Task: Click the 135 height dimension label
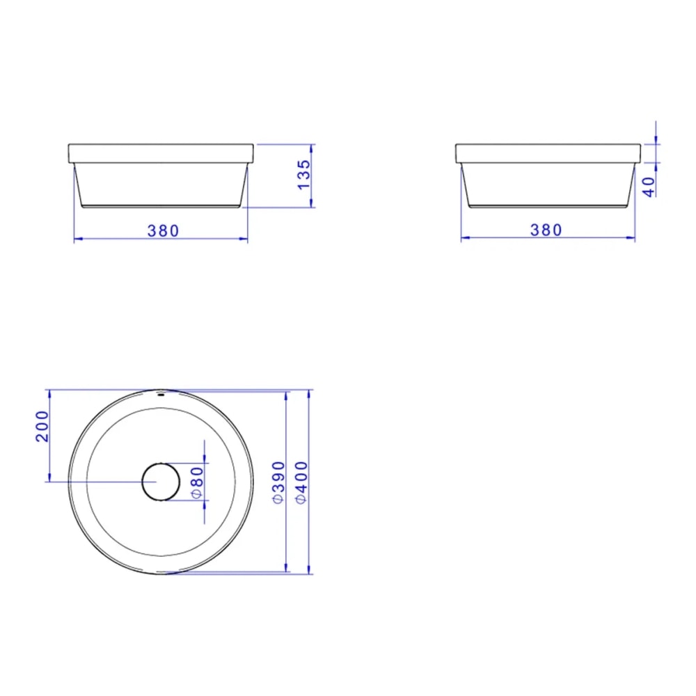tap(304, 175)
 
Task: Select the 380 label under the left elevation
tap(164, 231)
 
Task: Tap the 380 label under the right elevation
tap(546, 230)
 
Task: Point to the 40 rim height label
tap(649, 187)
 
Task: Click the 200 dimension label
tap(42, 426)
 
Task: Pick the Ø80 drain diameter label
tap(197, 483)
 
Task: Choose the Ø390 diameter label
tap(278, 482)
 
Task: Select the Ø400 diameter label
tap(301, 482)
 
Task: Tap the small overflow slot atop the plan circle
tap(161, 394)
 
